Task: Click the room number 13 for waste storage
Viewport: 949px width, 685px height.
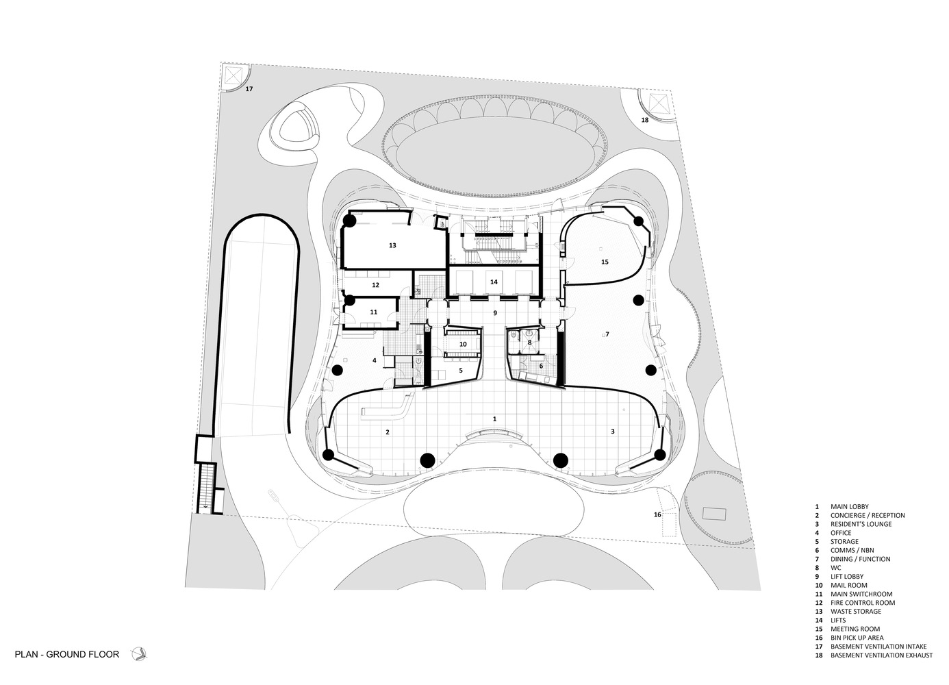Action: (392, 245)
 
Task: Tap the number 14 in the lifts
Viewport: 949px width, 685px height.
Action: (493, 282)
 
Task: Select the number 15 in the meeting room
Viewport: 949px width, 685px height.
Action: (605, 262)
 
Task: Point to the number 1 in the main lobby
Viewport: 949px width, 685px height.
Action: (495, 417)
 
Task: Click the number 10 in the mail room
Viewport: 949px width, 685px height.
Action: (463, 344)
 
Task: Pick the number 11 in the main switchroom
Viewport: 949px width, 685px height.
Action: (373, 312)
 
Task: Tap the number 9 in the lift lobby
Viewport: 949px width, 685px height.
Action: (495, 312)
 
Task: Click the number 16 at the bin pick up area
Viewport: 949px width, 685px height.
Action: (657, 514)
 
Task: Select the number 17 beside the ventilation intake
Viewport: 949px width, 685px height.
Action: (249, 89)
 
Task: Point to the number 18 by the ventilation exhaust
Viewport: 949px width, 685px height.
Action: (644, 120)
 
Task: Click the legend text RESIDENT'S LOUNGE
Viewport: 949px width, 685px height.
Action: (861, 524)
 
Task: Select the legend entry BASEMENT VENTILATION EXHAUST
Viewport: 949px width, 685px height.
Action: (881, 656)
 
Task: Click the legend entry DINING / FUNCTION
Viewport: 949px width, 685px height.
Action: (860, 559)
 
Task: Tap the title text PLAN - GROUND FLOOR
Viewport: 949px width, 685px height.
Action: (67, 654)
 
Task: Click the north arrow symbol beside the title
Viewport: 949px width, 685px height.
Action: (139, 654)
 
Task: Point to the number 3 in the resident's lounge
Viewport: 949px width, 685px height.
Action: (613, 431)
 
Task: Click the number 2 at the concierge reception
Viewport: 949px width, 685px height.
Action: (388, 432)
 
